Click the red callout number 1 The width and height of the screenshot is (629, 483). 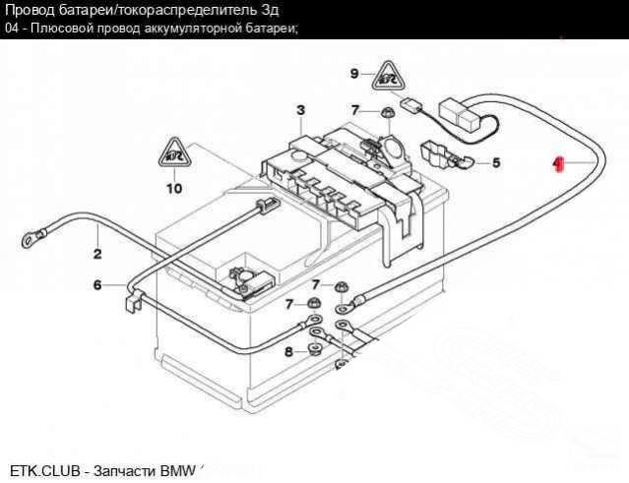[x=558, y=163]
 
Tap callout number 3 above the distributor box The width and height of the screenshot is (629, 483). [x=300, y=109]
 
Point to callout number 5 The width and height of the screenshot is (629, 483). [x=495, y=162]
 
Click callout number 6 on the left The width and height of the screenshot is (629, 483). [x=97, y=286]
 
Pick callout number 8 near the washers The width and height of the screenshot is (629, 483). [x=289, y=351]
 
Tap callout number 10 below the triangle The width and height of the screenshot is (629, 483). [x=174, y=187]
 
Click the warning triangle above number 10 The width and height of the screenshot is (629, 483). [x=174, y=152]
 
